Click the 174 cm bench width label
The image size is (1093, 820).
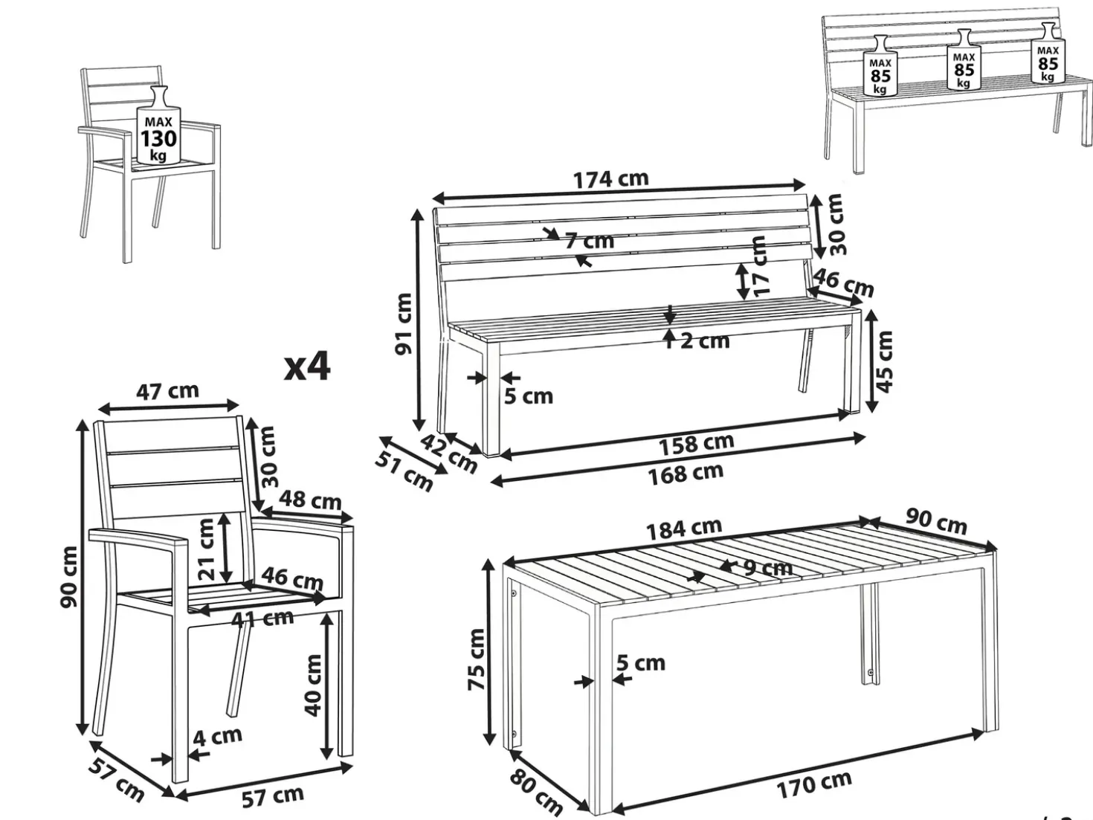(x=611, y=178)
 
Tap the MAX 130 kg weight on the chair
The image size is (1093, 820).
(x=158, y=130)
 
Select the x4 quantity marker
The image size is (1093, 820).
(x=307, y=367)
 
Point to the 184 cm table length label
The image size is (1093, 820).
(x=683, y=529)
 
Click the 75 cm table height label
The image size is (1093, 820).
(x=477, y=659)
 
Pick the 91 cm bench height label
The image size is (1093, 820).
(x=403, y=323)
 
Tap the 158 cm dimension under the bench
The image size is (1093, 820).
(x=696, y=443)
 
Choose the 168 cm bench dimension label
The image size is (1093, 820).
(x=686, y=474)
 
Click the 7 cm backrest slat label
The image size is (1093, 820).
(x=590, y=241)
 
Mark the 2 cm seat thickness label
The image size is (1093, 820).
(x=704, y=341)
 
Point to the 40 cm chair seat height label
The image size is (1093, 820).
(x=312, y=685)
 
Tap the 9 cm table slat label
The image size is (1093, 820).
(x=767, y=566)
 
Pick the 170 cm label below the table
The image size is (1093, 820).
(x=813, y=784)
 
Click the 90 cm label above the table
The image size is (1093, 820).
(x=935, y=522)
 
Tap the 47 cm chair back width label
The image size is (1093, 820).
(x=167, y=391)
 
